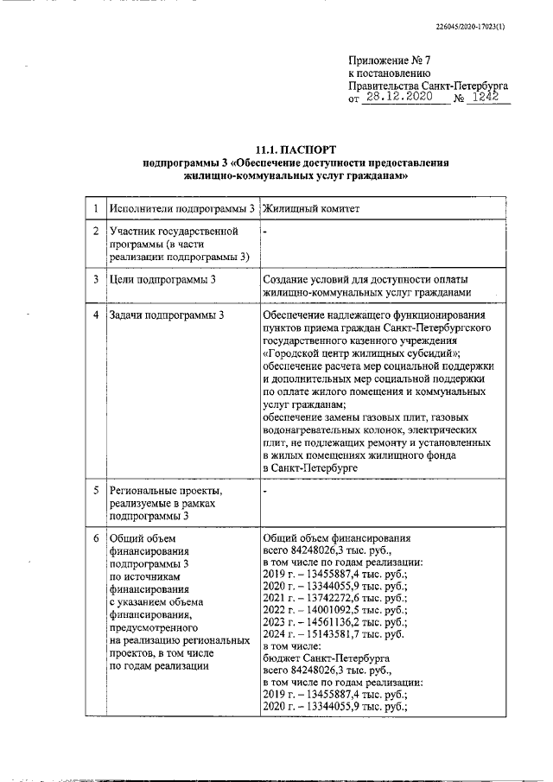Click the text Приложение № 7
(389, 60)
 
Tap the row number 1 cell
(96, 209)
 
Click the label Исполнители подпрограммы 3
(181, 209)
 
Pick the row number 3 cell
(96, 280)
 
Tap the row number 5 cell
(96, 490)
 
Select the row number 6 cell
(96, 537)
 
